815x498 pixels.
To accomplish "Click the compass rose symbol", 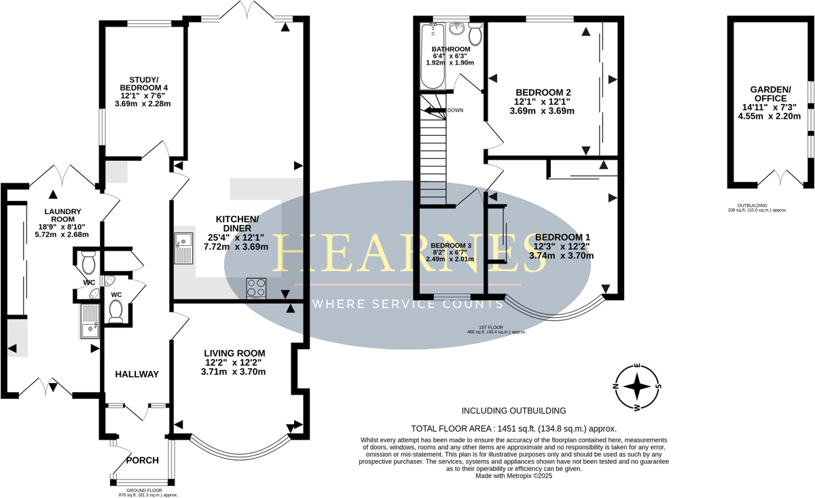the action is point(637,387).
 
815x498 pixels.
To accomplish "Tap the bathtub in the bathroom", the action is point(432,56).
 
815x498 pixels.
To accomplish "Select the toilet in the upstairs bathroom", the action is point(475,33).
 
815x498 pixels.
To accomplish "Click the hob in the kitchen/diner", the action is point(256,288).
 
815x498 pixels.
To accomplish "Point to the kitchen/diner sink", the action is point(184,247).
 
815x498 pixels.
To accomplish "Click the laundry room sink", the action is point(89,321).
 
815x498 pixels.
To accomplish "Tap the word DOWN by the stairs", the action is point(455,110).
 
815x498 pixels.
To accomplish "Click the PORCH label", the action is point(142,460).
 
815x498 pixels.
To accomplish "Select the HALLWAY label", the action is point(137,374).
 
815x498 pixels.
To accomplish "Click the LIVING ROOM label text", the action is point(234,353).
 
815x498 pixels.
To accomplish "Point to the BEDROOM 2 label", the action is point(543,92).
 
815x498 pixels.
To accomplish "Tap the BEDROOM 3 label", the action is point(451,246).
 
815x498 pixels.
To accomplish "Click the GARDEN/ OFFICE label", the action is point(770,94).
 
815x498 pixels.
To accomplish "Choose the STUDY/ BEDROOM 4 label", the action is point(144,84).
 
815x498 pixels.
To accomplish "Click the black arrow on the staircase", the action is point(435,111).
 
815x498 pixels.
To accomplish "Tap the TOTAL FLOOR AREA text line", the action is point(513,429).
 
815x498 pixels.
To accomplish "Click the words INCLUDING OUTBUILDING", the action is point(513,410).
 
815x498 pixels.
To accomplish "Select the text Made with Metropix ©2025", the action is point(513,476).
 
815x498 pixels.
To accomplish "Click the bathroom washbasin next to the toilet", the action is point(456,29).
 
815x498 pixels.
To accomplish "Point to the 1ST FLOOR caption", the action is point(491,327).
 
